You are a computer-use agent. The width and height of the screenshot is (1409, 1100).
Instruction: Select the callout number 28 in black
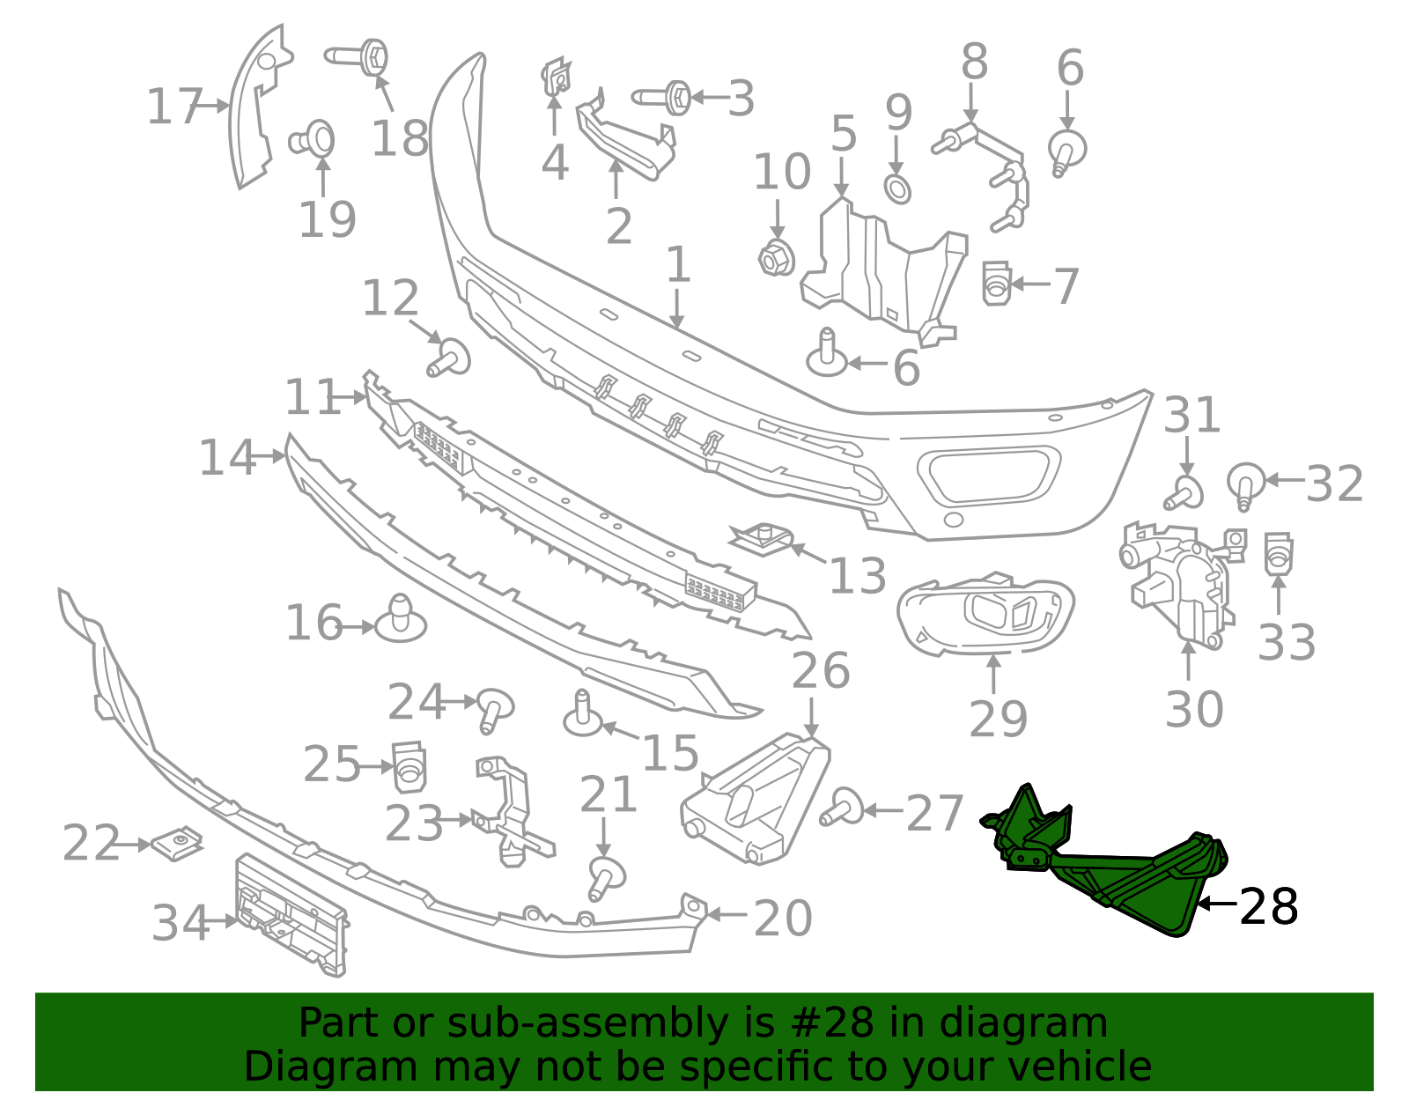tap(1268, 906)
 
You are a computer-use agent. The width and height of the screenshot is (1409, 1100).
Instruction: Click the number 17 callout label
tap(174, 107)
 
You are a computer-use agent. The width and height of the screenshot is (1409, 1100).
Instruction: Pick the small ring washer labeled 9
tap(897, 188)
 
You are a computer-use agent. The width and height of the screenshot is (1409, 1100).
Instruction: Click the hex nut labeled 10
tap(777, 257)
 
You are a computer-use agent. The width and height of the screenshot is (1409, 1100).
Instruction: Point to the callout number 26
tap(820, 671)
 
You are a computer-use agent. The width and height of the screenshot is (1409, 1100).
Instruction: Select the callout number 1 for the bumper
tap(676, 264)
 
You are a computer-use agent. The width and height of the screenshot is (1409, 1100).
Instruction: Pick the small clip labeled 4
tap(556, 78)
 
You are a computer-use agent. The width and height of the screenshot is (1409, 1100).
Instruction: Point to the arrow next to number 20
tap(727, 915)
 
